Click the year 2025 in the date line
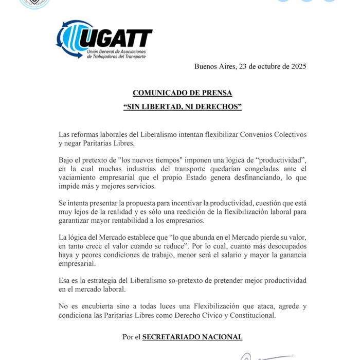[x=297, y=66]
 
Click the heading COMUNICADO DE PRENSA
[x=182, y=93]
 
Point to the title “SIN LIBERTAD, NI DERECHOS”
[x=182, y=107]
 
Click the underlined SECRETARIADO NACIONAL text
[x=192, y=337]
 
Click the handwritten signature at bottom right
[x=267, y=356]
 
